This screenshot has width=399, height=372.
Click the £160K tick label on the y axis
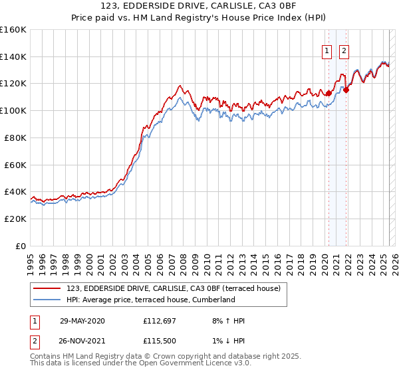coord(13,30)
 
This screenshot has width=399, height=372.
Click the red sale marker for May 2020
coord(329,93)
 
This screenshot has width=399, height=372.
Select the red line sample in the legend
coord(48,288)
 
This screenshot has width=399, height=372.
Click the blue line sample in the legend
coord(48,300)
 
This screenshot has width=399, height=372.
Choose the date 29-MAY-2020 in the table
coord(82,321)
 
